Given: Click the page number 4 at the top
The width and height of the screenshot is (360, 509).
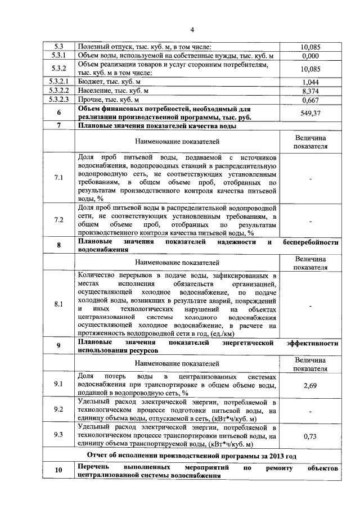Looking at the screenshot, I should tap(192, 30).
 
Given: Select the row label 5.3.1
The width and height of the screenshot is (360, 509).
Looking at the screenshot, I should tap(58, 56).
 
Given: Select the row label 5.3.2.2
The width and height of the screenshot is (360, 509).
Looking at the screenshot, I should tap(58, 91).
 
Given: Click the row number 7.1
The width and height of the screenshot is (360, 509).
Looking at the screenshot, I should tap(58, 178).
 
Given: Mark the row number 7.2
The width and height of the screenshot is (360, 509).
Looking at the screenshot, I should tap(58, 220).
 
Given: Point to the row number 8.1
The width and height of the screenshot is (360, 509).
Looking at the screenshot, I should tap(58, 304).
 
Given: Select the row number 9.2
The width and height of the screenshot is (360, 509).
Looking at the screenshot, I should tap(58, 410).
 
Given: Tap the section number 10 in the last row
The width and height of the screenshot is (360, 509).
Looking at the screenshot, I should tap(58, 471).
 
